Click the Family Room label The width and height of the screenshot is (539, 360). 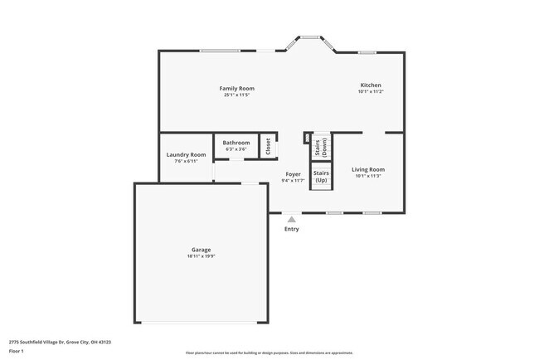(x=236, y=88)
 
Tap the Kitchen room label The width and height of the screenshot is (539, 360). (x=370, y=85)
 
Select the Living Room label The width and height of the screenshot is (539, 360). (x=369, y=169)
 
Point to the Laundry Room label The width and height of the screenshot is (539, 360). (x=186, y=154)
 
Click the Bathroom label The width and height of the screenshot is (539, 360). (x=236, y=143)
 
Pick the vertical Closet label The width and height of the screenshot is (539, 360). (x=268, y=146)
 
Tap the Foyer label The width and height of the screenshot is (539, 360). (x=293, y=173)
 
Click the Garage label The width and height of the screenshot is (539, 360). (x=201, y=250)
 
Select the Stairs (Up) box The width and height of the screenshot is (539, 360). (x=321, y=176)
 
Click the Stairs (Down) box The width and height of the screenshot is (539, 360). (x=321, y=148)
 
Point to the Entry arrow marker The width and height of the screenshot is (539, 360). (x=291, y=219)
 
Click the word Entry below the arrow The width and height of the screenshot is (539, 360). (x=291, y=229)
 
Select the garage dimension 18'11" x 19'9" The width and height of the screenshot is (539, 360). (x=201, y=256)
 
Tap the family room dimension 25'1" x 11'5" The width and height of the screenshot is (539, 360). (x=236, y=95)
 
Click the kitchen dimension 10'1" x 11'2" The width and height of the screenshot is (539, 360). (x=370, y=91)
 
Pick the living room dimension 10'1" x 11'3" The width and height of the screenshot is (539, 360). (x=369, y=176)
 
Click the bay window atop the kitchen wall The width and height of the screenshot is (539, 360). (x=310, y=37)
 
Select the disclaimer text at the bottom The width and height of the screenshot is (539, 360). (x=269, y=353)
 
